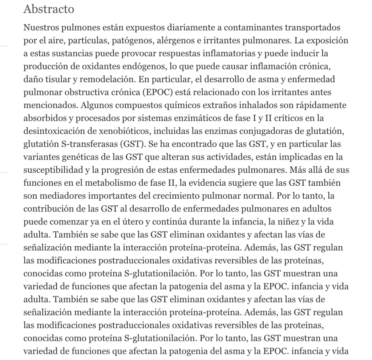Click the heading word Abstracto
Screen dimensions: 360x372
pyautogui.click(x=49, y=9)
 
